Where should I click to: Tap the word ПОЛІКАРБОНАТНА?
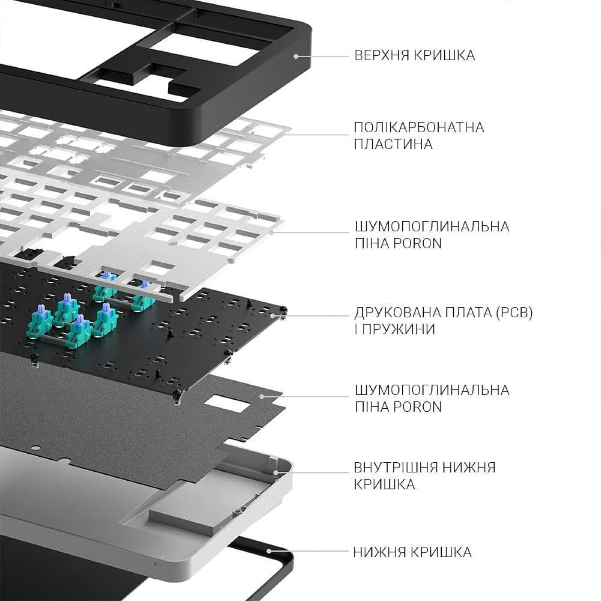[x=419, y=127]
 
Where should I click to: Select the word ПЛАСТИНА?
[x=393, y=144]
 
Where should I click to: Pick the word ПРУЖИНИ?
[x=399, y=329]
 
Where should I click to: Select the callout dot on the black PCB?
[x=273, y=316]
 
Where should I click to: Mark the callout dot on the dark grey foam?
[x=262, y=396]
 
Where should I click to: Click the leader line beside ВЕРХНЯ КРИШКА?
[x=323, y=56]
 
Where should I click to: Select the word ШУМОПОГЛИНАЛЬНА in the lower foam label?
[x=432, y=390]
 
